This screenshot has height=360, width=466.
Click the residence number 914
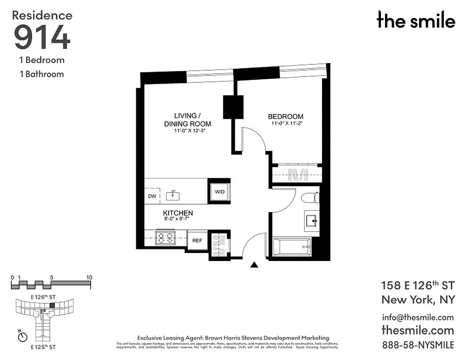[42, 37]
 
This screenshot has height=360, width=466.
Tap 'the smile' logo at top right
[416, 20]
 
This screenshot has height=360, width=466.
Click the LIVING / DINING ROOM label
[187, 119]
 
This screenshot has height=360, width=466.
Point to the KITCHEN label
[178, 213]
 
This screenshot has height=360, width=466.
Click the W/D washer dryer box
[220, 192]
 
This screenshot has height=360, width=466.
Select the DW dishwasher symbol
[152, 196]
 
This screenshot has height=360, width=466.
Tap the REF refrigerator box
[197, 240]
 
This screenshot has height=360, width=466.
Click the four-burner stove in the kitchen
[165, 238]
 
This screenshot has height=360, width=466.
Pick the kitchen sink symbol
[173, 195]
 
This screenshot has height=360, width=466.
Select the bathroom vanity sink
[312, 220]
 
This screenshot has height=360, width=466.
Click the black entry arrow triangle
[254, 265]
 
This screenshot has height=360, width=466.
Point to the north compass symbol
[22, 336]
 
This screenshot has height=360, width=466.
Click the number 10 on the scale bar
[89, 278]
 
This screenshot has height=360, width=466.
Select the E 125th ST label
[43, 347]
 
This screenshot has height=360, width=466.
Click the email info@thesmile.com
[417, 317]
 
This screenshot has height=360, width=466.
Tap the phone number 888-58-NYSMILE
[417, 345]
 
